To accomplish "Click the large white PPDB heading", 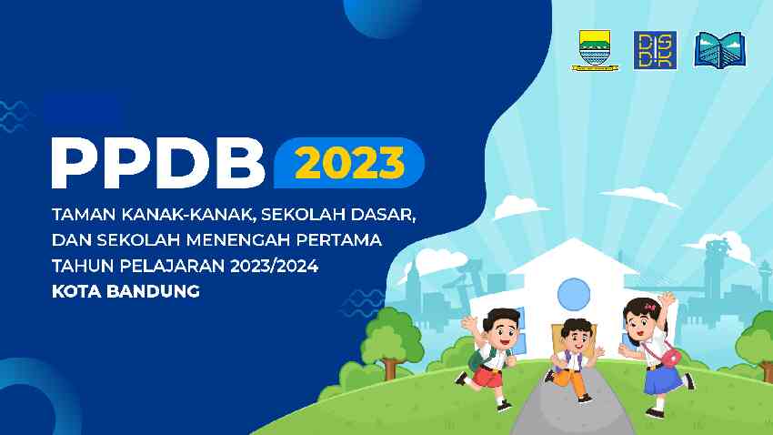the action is (158, 163).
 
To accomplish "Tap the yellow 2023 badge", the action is (349, 163).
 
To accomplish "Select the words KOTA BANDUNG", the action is (125, 291).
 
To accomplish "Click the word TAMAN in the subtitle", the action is (84, 215).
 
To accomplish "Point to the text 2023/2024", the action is (274, 266).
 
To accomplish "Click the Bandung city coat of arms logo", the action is (595, 51).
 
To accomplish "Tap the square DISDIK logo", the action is (655, 50).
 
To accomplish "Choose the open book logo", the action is (720, 50).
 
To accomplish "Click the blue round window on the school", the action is (574, 295).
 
